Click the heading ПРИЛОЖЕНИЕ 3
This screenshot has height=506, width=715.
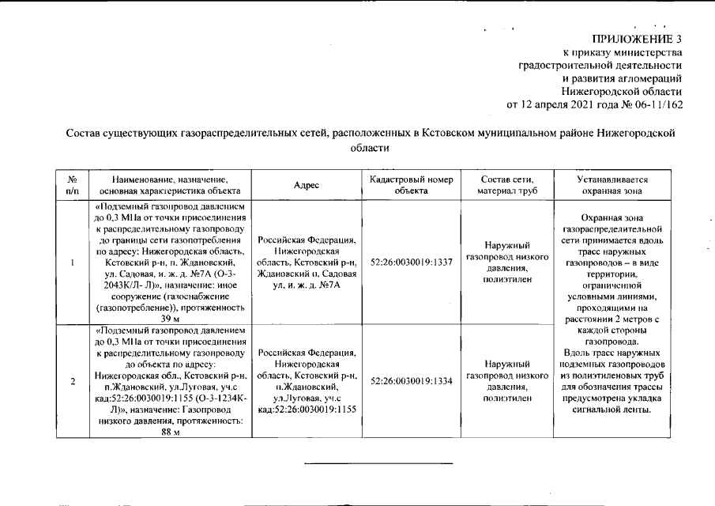(x=636, y=39)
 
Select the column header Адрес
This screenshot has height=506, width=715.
(x=306, y=185)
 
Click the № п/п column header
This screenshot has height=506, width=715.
(x=72, y=185)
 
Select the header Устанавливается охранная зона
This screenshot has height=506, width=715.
(x=612, y=185)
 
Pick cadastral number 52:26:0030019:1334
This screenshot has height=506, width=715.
(x=411, y=381)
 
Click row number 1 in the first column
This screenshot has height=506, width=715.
(x=72, y=262)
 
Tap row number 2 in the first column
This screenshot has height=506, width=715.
(x=72, y=381)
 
